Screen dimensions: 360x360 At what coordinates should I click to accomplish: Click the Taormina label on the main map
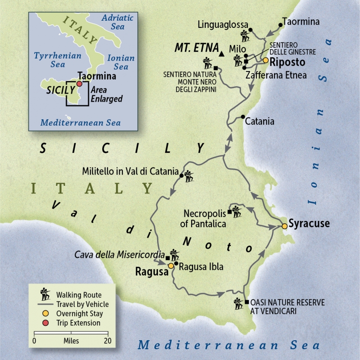(x=300, y=22)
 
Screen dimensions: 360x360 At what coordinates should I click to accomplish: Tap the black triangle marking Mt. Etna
(x=222, y=54)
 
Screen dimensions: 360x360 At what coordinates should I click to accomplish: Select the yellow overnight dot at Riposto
(x=265, y=60)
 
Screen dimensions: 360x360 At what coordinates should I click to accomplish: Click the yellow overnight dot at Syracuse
(x=284, y=226)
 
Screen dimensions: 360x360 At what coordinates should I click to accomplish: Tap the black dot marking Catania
(x=243, y=117)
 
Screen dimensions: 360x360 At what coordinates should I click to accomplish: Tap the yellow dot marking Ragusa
(x=171, y=266)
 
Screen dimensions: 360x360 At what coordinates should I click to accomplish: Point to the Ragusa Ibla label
(x=201, y=266)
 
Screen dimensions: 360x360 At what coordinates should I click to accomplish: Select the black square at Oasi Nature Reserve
(x=247, y=302)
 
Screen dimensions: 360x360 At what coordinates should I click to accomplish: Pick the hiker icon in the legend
(x=45, y=295)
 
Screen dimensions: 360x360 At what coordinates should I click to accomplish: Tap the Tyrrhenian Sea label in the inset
(x=58, y=60)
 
